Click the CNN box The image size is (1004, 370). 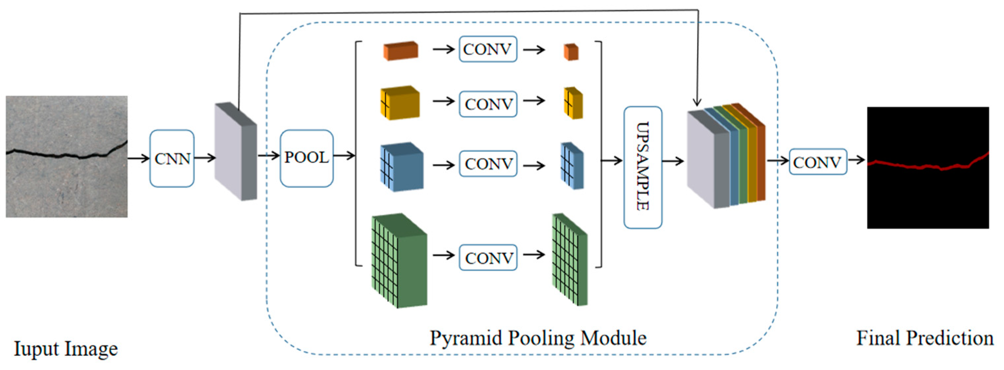(x=172, y=159)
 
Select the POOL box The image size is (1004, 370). (x=306, y=158)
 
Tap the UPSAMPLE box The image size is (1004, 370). (x=642, y=167)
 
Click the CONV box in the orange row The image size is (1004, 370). (x=488, y=49)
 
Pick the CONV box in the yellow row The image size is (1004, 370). (x=488, y=104)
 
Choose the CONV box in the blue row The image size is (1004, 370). (x=488, y=164)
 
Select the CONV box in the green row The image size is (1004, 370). (x=488, y=257)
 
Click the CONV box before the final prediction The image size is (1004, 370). (x=818, y=162)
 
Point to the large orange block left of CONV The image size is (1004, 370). (x=401, y=51)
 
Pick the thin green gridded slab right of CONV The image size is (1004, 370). (x=570, y=259)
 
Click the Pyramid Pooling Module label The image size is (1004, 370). (x=538, y=338)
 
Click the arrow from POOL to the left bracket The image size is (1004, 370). (x=344, y=156)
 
